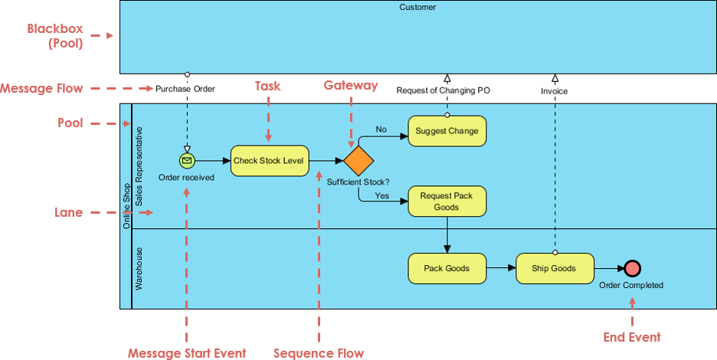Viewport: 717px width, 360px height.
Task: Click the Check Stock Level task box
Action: coord(269,161)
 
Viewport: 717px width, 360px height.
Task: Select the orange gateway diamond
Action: coord(358,161)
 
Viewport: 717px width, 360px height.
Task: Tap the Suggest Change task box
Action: coord(447,131)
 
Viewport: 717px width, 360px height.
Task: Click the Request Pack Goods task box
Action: coord(447,201)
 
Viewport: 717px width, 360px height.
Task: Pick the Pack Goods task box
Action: coord(447,268)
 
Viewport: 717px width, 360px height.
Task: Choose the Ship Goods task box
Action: coord(555,268)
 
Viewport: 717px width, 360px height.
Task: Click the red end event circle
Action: coord(632,268)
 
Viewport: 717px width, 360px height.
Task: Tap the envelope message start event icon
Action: coord(186,161)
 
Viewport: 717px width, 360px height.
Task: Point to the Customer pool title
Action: coord(417,7)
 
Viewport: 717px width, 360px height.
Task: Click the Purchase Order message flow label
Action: coord(185,89)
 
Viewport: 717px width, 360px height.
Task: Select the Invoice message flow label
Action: coord(555,90)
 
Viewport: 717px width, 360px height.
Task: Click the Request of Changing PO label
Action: coord(443,90)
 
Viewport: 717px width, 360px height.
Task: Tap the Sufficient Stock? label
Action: coord(358,182)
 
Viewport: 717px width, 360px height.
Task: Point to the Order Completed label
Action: coord(631,285)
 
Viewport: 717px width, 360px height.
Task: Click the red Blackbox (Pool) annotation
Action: coord(54,36)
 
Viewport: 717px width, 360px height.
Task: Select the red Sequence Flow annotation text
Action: coord(319,353)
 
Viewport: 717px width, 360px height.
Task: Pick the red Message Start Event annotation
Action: coord(187,353)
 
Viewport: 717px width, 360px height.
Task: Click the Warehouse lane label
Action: coord(139,268)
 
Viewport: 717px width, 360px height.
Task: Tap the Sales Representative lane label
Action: coord(139,166)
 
